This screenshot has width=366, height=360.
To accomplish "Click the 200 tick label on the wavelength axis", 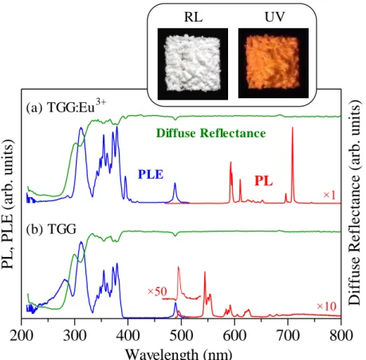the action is pyautogui.click(x=22, y=335).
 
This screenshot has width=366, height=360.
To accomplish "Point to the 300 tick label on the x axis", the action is pyautogui.click(x=75, y=335).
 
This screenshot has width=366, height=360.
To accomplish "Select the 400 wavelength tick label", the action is pyautogui.click(x=128, y=335).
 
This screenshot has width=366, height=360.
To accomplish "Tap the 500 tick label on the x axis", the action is pyautogui.click(x=181, y=335).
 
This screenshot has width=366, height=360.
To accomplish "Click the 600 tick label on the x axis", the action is pyautogui.click(x=234, y=335).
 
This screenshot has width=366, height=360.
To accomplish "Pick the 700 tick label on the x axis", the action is pyautogui.click(x=288, y=335).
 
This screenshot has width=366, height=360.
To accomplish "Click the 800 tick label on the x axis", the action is pyautogui.click(x=341, y=335).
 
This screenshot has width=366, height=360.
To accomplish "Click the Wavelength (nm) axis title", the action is pyautogui.click(x=179, y=354).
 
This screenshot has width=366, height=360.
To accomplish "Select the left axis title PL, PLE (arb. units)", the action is pyautogui.click(x=7, y=204).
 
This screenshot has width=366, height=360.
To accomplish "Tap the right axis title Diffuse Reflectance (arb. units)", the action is pyautogui.click(x=355, y=203).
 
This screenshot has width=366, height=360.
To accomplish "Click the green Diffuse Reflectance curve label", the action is pyautogui.click(x=211, y=133).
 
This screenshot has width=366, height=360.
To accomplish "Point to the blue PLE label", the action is pyautogui.click(x=151, y=174).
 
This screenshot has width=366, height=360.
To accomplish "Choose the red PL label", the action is pyautogui.click(x=264, y=180).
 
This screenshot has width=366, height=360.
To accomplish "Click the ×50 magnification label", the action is pyautogui.click(x=157, y=291).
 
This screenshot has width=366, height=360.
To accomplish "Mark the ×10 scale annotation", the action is pyautogui.click(x=326, y=307).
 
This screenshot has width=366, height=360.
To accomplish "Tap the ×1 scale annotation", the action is pyautogui.click(x=329, y=196).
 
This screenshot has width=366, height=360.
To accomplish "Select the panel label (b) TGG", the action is pyautogui.click(x=51, y=229).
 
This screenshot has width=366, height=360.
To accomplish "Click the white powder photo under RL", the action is pyautogui.click(x=193, y=64).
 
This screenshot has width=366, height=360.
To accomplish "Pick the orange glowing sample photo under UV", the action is pyautogui.click(x=274, y=63).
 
